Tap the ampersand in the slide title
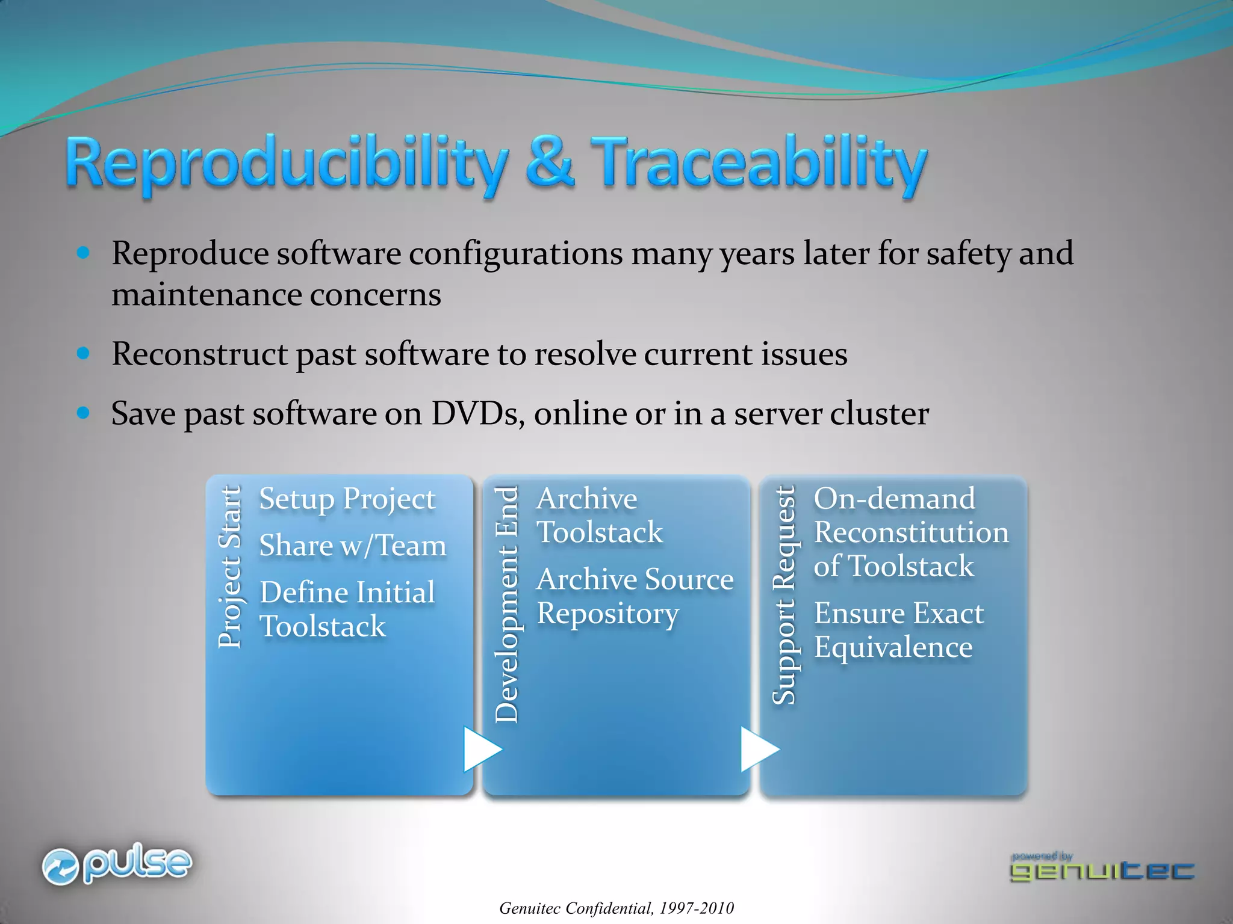pos(549,161)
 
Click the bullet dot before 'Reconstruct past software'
pos(84,353)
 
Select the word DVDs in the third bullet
pos(477,414)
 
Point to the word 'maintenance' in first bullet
pos(206,295)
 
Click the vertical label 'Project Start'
pos(229,567)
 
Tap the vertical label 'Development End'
pos(506,605)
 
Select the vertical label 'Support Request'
pos(784,596)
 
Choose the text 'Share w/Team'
pos(353,546)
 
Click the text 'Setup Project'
pos(347,499)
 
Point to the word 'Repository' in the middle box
pos(607,614)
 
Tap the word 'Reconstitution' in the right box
pos(911,532)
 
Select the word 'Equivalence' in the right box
pos(893,647)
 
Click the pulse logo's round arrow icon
pos(60,867)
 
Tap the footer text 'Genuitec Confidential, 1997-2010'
pos(616,908)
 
